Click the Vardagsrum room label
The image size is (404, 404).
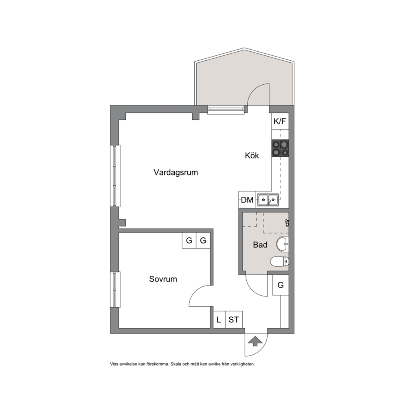[x=176, y=172]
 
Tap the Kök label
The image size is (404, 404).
[x=252, y=155]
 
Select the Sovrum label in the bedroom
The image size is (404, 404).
[x=163, y=279]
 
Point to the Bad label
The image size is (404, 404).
[x=260, y=244]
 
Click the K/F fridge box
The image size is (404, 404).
[x=280, y=121]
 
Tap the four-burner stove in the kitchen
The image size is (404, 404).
[x=280, y=148]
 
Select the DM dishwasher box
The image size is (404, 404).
[x=247, y=200]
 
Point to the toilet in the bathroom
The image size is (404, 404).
[x=279, y=261]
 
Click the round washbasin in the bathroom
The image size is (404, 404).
[x=283, y=244]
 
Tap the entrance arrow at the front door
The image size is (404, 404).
[x=255, y=341]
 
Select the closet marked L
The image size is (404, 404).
[x=219, y=319]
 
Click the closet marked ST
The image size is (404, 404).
[x=234, y=319]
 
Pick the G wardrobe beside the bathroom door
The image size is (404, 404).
[x=281, y=285]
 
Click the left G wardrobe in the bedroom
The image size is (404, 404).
[x=189, y=240]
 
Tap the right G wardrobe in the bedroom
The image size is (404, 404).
[x=203, y=240]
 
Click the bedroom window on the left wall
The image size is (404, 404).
[x=115, y=289]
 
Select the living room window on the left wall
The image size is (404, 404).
[x=115, y=176]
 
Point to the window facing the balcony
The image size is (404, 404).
[x=226, y=110]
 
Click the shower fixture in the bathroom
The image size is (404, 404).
[x=287, y=222]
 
